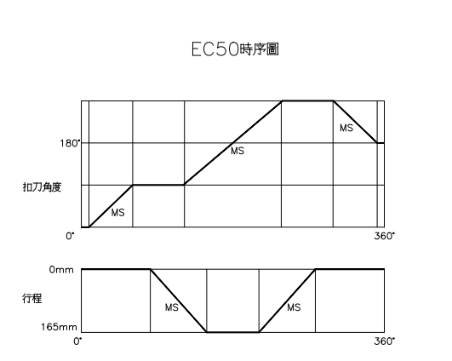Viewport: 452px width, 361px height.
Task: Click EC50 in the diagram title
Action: click(x=215, y=49)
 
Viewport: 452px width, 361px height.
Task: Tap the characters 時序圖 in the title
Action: click(x=259, y=49)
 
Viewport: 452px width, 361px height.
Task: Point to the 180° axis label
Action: click(x=70, y=143)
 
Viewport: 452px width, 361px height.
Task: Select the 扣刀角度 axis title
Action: click(x=42, y=187)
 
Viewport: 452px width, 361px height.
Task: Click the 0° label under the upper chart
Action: click(x=70, y=236)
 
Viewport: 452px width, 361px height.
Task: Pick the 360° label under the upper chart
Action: click(x=385, y=236)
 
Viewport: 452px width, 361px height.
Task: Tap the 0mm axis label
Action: click(x=61, y=270)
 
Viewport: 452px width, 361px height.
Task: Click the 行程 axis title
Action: click(x=32, y=298)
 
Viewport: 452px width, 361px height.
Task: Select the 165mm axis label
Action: click(x=59, y=327)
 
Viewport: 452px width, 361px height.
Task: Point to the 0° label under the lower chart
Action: click(x=77, y=341)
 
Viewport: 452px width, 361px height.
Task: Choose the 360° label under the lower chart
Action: click(x=385, y=341)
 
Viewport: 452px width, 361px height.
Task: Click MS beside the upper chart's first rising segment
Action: click(x=118, y=213)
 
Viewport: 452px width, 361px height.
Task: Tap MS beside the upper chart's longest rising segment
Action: click(x=237, y=151)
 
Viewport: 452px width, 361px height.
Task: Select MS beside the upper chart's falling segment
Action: click(x=346, y=128)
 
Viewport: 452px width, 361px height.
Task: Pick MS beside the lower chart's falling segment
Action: click(x=172, y=307)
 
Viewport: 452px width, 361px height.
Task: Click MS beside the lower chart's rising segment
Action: click(x=294, y=307)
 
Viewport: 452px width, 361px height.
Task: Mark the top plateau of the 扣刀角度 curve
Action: click(x=307, y=101)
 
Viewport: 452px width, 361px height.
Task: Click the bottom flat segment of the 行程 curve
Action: click(x=233, y=332)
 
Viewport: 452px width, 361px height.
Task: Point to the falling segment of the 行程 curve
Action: click(x=179, y=301)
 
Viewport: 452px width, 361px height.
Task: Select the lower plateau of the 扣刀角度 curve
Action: click(x=158, y=185)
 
